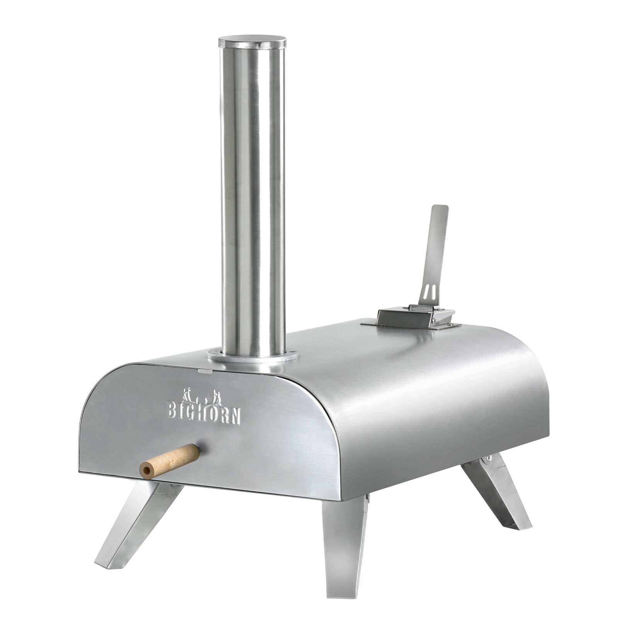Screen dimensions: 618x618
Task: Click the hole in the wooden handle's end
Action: click(x=146, y=470)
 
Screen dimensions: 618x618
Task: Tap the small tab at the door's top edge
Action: click(x=205, y=372)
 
